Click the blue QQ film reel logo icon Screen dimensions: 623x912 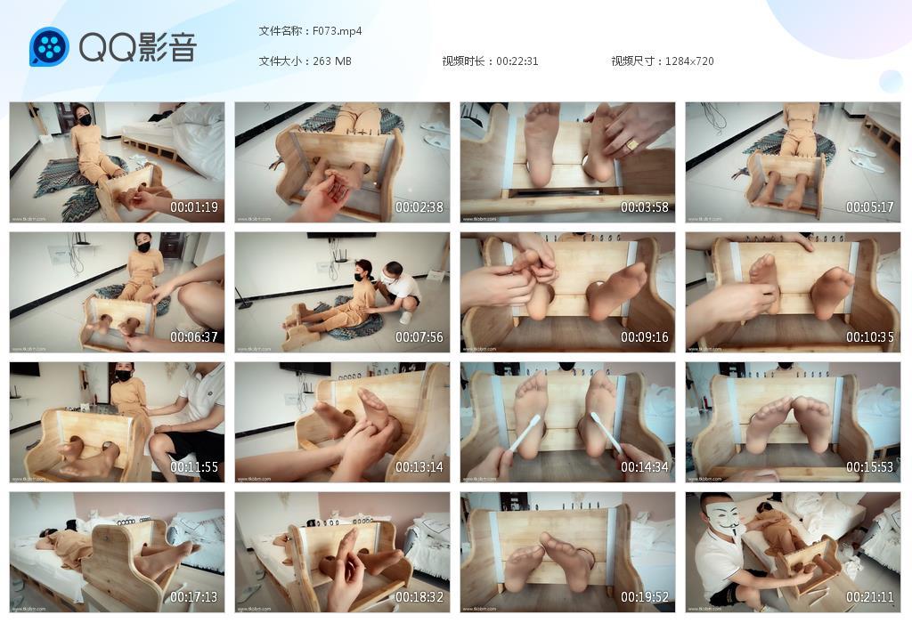(49, 46)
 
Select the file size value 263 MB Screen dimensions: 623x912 (332, 61)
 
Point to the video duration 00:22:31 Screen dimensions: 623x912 (517, 61)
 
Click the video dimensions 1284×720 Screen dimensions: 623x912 (688, 61)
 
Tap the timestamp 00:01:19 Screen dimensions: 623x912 (194, 207)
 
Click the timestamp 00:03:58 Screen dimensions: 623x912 (645, 207)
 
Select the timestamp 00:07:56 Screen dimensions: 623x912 (419, 337)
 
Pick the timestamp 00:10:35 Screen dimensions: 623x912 (870, 337)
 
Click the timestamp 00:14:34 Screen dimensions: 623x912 (645, 467)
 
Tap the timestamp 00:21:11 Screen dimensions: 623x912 (870, 597)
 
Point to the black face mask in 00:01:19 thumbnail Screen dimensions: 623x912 (85, 118)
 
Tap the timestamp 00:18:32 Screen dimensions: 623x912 (419, 597)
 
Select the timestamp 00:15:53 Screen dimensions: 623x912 (870, 467)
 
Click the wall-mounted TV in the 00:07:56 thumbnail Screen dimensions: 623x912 (341, 236)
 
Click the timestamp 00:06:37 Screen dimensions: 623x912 (194, 337)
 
